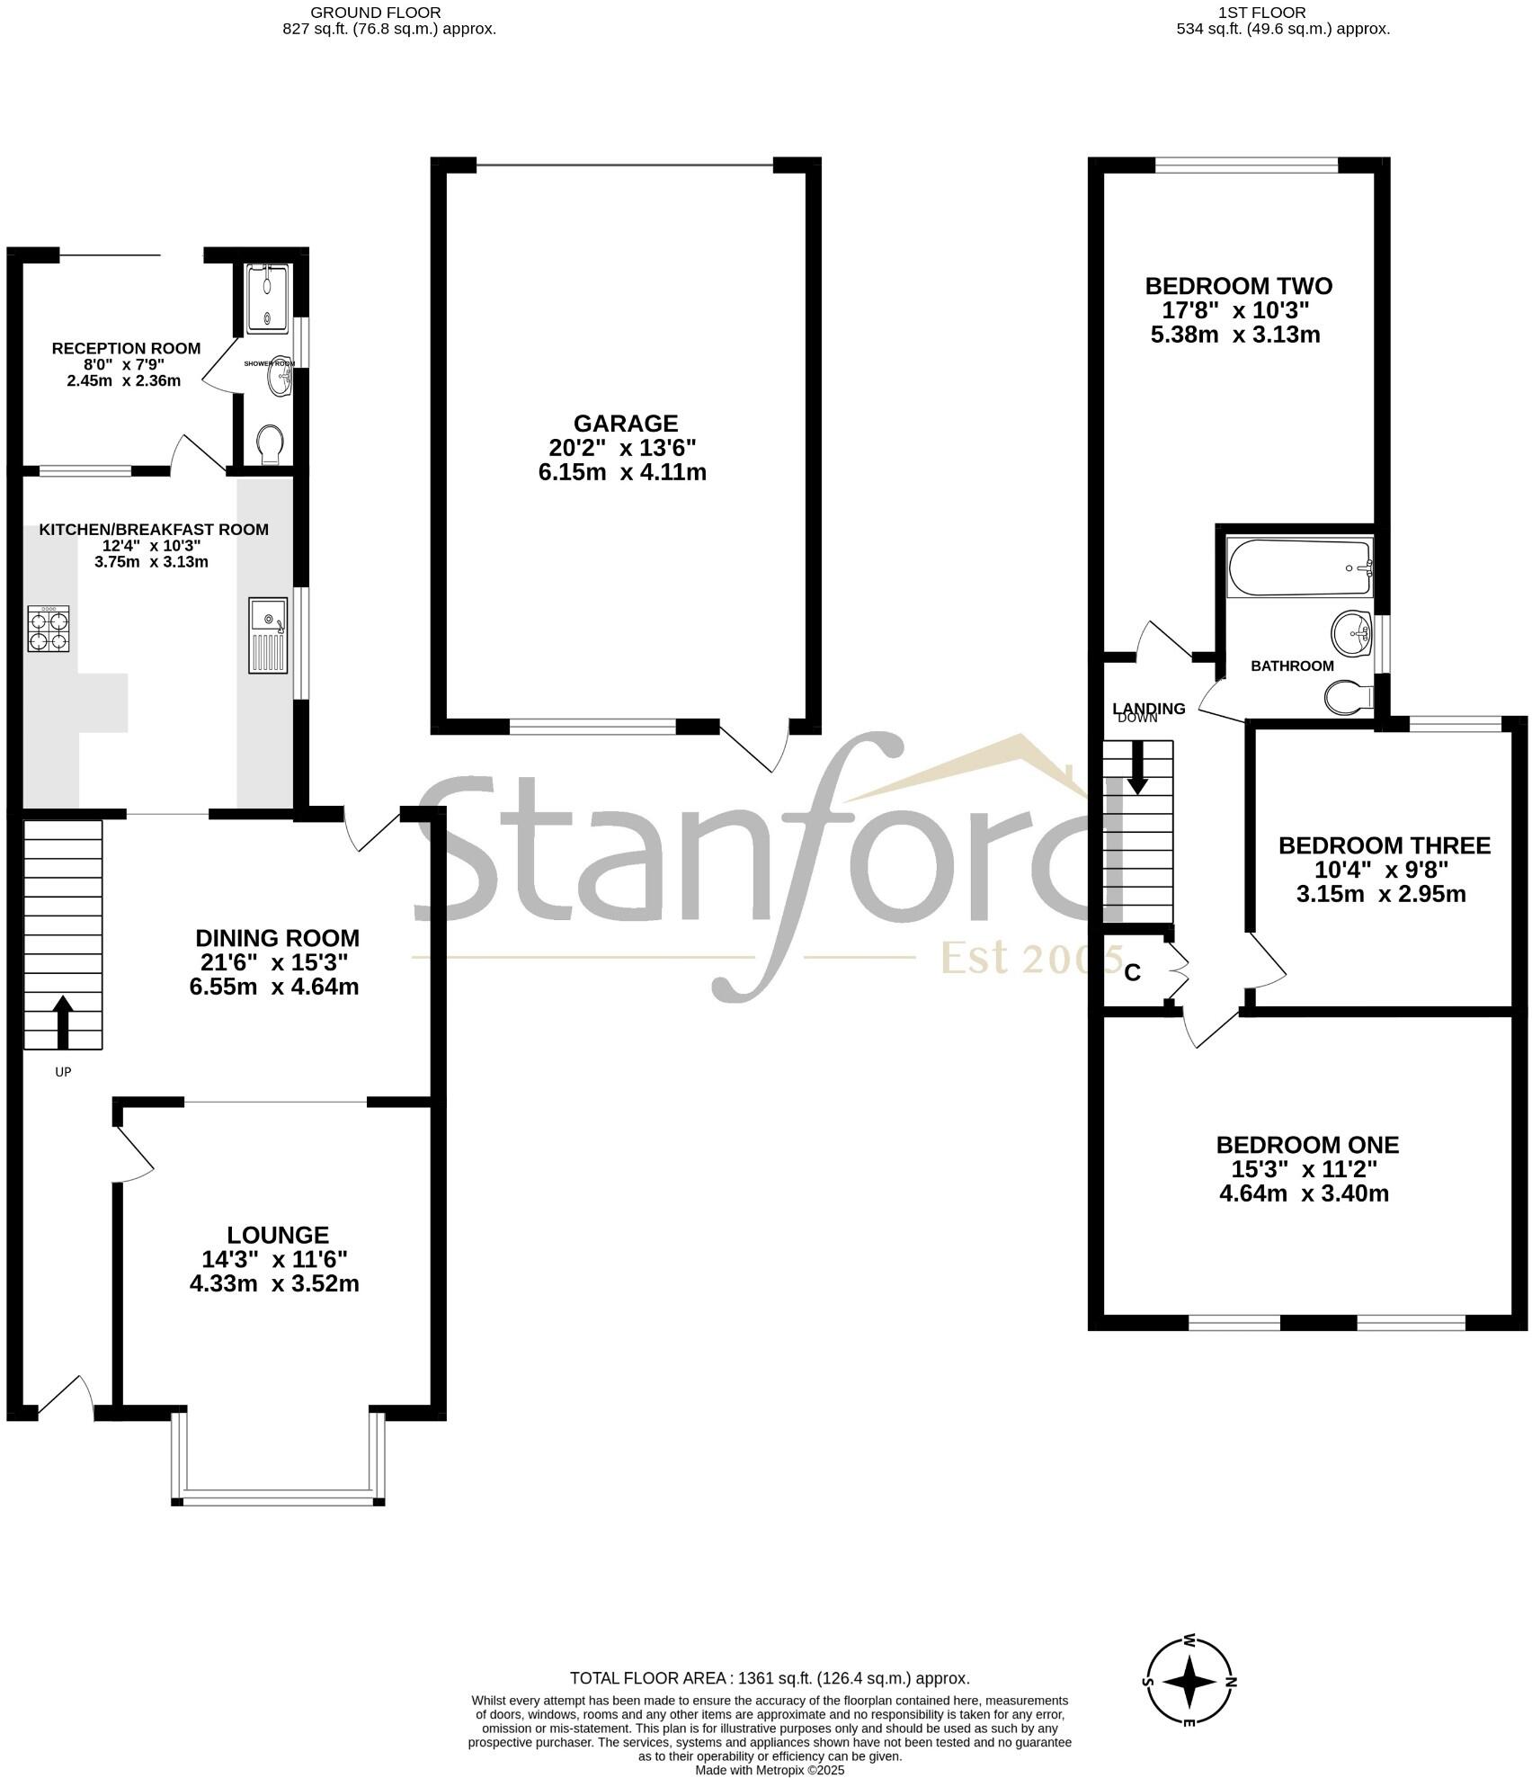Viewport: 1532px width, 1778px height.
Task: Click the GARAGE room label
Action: click(625, 423)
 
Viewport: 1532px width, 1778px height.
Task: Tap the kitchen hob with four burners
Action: click(49, 628)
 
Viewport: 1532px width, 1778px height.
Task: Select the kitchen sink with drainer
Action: click(269, 635)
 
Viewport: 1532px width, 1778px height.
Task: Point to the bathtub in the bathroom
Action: click(1299, 567)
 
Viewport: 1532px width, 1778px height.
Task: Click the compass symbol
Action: click(1189, 1682)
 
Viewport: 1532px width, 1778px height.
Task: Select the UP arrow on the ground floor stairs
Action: click(62, 1021)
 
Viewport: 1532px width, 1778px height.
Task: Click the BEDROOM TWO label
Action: click(1238, 286)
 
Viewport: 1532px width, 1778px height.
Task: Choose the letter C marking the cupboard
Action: click(1133, 972)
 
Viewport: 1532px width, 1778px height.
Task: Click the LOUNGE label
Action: click(278, 1235)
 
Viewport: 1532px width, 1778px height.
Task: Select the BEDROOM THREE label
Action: click(1384, 845)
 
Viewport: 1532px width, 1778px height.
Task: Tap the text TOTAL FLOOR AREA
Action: click(649, 1678)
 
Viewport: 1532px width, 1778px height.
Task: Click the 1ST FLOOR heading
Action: click(1261, 13)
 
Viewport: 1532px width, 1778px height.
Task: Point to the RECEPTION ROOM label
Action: click(126, 348)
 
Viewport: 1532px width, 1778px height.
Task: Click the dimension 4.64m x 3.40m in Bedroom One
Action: click(1304, 1193)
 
